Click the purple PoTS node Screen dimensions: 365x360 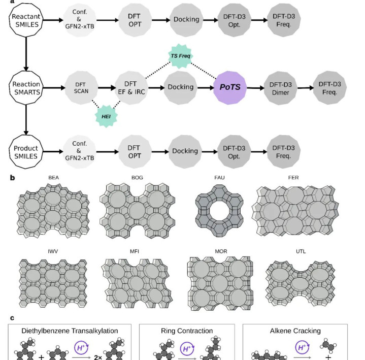230,87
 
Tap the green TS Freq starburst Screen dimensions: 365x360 180,56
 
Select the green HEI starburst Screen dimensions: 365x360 106,116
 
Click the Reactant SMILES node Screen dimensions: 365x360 26,20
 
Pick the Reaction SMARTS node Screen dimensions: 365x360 26,88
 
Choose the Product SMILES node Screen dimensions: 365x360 26,152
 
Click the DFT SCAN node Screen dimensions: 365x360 81,88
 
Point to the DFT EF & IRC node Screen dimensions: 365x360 131,88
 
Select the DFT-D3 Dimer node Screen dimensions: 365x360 281,88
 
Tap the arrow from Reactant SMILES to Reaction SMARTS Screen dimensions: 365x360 26,54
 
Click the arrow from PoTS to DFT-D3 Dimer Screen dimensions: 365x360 255,88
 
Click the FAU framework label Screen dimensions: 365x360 219,178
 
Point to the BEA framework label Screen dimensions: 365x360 53,178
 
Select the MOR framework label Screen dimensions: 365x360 221,251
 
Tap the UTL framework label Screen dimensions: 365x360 301,251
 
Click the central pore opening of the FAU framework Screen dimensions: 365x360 219,211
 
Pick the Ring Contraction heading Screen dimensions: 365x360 187,331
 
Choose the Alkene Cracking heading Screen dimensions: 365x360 295,331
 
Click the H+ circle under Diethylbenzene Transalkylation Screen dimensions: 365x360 81,348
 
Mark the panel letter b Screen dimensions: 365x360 12,178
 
